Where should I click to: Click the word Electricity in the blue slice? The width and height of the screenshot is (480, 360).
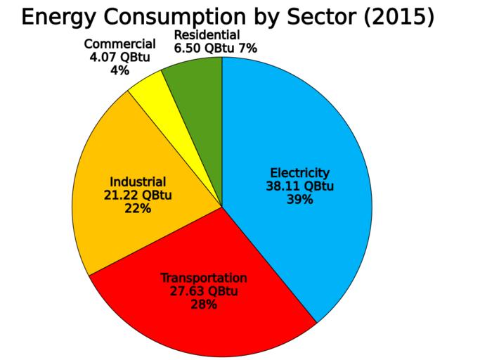(299, 173)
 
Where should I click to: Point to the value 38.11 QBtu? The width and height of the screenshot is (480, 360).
(299, 186)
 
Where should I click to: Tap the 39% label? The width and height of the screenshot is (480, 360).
(299, 200)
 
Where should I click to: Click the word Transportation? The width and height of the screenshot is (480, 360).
(204, 278)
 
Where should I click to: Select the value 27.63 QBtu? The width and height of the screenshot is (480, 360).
(204, 291)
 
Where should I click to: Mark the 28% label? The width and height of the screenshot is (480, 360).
(204, 304)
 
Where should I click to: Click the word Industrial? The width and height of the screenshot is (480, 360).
(137, 181)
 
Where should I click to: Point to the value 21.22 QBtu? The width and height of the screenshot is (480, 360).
(137, 195)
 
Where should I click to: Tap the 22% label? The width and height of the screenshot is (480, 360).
(137, 208)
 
